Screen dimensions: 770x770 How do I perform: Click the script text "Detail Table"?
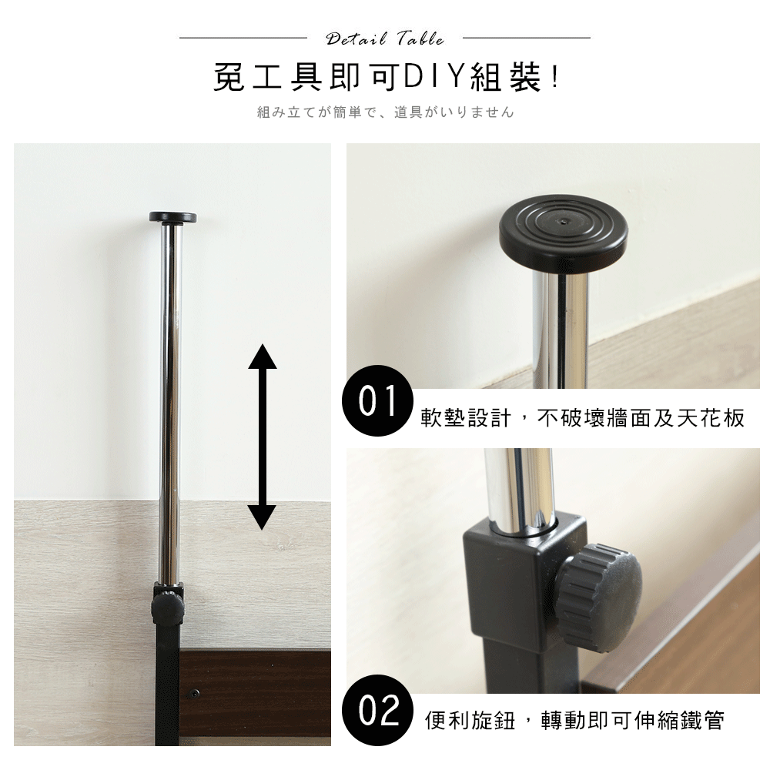point(385,38)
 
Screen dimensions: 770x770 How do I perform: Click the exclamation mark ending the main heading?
point(555,77)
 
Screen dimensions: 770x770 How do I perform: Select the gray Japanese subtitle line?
point(386,112)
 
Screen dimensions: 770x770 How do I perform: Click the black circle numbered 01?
point(377,400)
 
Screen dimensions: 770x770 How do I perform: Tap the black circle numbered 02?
point(377,710)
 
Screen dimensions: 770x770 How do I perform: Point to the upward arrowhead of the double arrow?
point(263,357)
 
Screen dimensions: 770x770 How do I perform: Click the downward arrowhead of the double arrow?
point(263,517)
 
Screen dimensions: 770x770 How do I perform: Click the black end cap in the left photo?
point(172,217)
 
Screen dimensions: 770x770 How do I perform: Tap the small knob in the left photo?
point(168,608)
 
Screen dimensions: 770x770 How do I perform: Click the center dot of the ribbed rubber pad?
point(564,221)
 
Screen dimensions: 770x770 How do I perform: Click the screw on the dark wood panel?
point(196,694)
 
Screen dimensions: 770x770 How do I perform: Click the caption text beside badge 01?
point(582,418)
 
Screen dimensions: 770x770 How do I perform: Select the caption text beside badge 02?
point(574,721)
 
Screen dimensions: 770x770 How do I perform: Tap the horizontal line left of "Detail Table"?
point(243,38)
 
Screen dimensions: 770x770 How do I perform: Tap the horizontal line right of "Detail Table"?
point(527,38)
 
